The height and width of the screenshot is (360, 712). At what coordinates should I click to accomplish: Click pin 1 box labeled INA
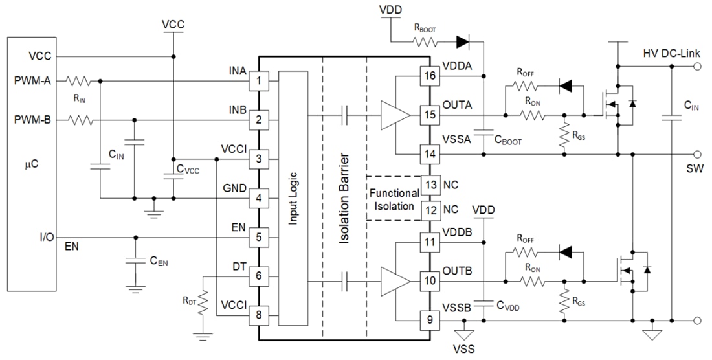(258, 82)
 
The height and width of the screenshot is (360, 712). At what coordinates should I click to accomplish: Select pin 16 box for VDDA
(428, 76)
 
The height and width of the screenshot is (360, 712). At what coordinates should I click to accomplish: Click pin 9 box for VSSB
(428, 319)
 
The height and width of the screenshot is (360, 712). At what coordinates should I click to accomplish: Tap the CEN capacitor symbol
(135, 261)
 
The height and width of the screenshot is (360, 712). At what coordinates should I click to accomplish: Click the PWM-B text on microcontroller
(32, 120)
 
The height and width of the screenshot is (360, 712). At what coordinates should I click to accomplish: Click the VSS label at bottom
(463, 350)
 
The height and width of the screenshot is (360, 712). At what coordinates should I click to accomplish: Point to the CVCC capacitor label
(189, 170)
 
